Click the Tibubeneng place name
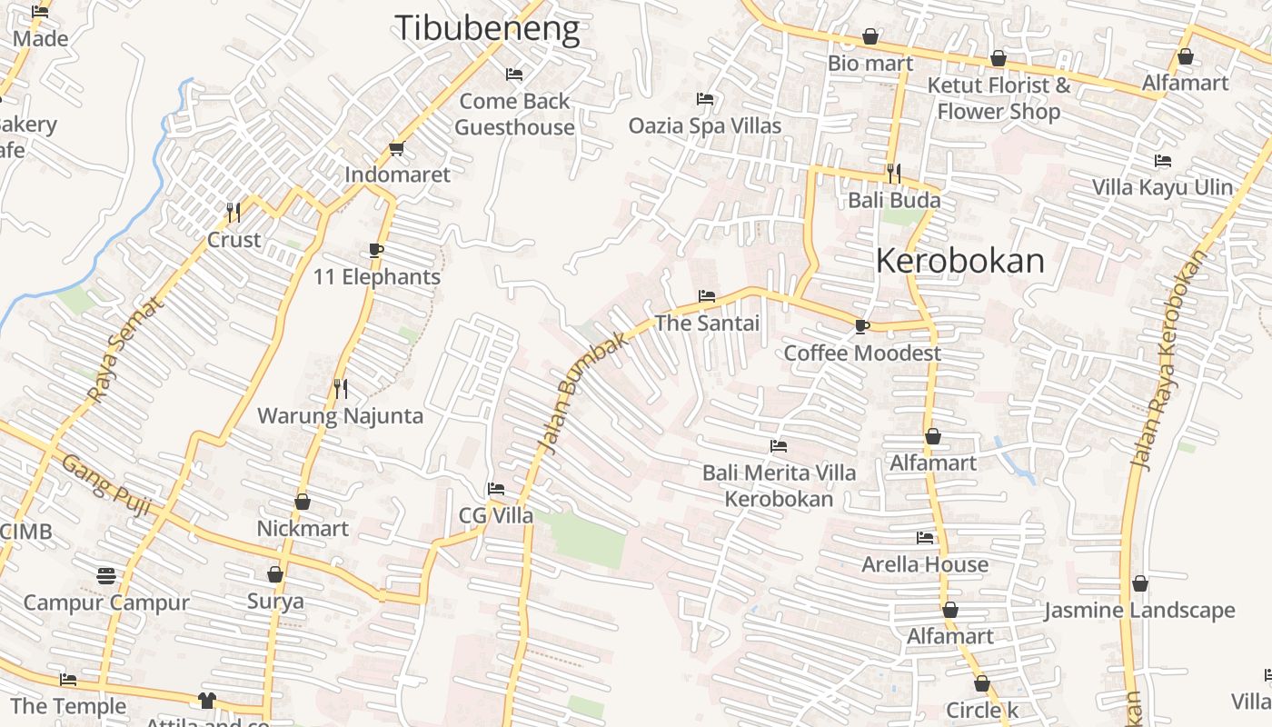(486, 29)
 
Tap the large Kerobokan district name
(960, 262)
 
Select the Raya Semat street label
(126, 351)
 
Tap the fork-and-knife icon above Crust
(234, 213)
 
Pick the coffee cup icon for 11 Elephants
(376, 251)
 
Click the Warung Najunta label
(340, 416)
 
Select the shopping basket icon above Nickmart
(303, 502)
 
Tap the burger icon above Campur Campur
(106, 575)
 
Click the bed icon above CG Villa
(495, 489)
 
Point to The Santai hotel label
(707, 323)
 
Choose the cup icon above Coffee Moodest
(861, 326)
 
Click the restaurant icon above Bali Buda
(894, 173)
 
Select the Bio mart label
(870, 64)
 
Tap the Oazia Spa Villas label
(704, 125)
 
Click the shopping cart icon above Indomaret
(396, 148)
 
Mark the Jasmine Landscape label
(1138, 611)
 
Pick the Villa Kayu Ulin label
(1162, 187)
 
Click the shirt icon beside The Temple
(207, 701)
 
